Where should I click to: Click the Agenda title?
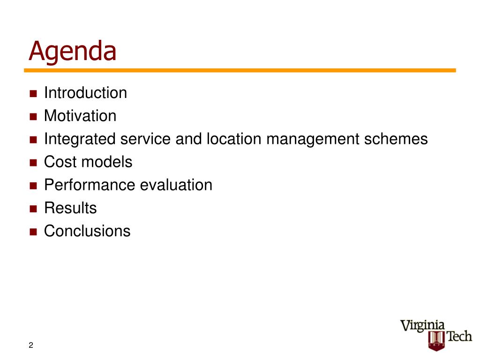click(x=73, y=52)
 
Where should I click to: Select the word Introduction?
click(x=85, y=92)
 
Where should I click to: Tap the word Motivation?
click(x=80, y=116)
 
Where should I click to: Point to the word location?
click(x=234, y=139)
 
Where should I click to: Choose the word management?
click(x=313, y=139)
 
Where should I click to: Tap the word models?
click(x=105, y=162)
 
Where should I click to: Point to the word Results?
click(x=70, y=208)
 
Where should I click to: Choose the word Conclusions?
click(x=87, y=231)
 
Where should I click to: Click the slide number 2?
click(x=31, y=345)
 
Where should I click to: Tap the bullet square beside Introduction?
click(x=33, y=93)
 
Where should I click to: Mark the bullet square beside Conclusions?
click(x=33, y=232)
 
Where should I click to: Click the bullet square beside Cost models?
click(x=33, y=163)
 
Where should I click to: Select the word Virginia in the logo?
click(x=422, y=326)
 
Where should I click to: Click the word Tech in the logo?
click(x=459, y=336)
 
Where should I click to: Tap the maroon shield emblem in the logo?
click(x=436, y=341)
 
